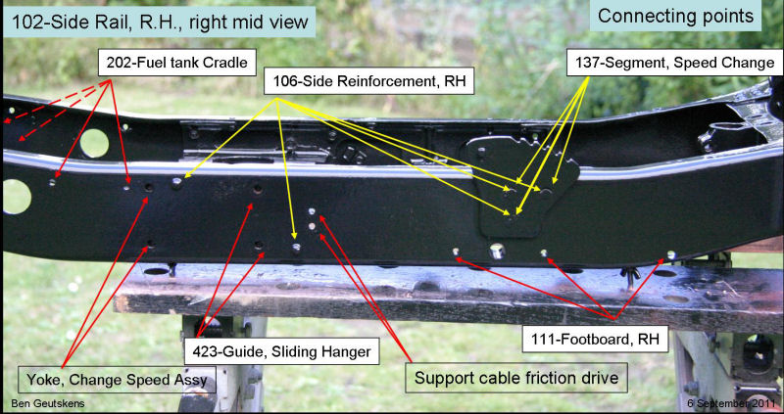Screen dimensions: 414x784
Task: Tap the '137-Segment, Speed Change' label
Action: coord(673,64)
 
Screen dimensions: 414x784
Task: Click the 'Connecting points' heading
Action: coord(677,16)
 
